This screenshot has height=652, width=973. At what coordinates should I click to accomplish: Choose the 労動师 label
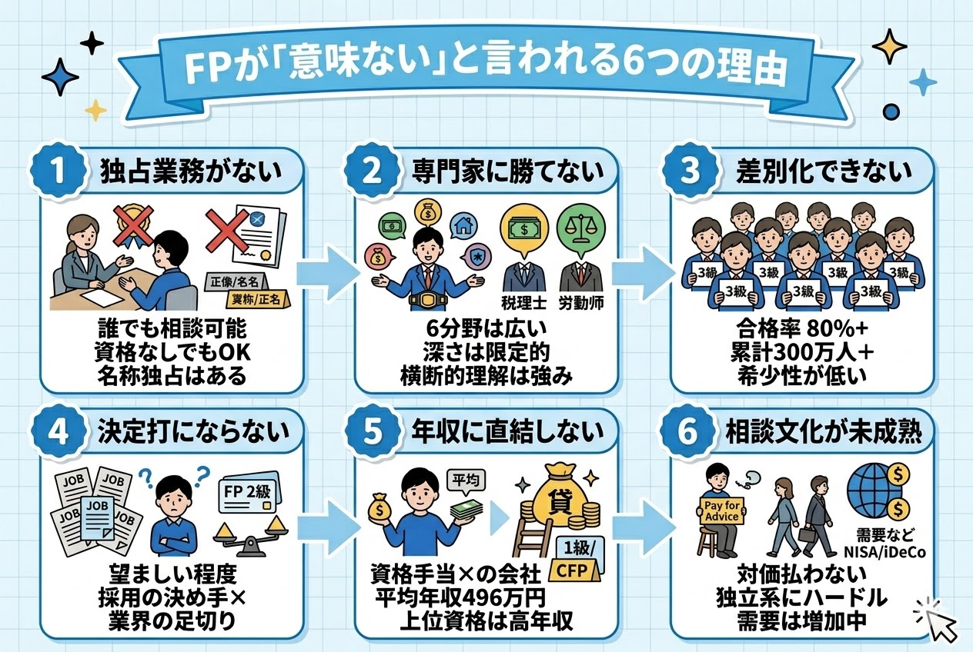581,302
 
